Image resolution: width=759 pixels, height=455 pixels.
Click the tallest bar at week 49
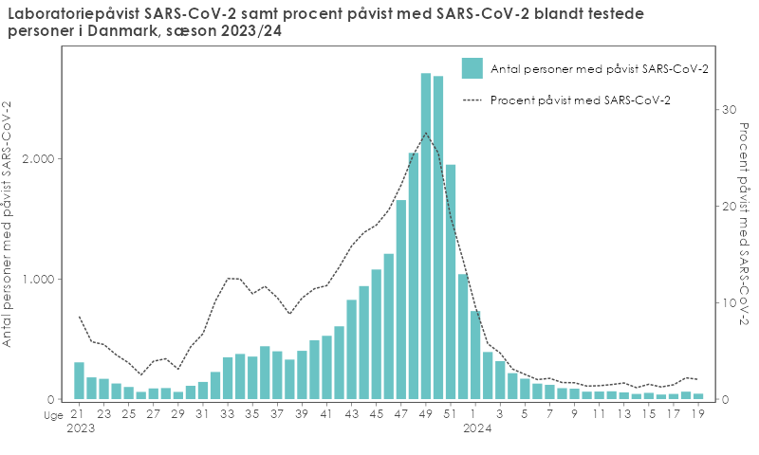coord(426,237)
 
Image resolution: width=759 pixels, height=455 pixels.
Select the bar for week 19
coord(698,396)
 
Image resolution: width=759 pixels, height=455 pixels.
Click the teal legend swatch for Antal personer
coord(472,68)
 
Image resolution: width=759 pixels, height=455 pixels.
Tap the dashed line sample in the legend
coord(472,100)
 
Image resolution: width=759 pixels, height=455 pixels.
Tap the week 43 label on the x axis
coord(352,414)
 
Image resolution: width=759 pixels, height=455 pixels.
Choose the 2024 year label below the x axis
coord(475,428)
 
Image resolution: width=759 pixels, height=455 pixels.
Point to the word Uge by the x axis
coord(52,414)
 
